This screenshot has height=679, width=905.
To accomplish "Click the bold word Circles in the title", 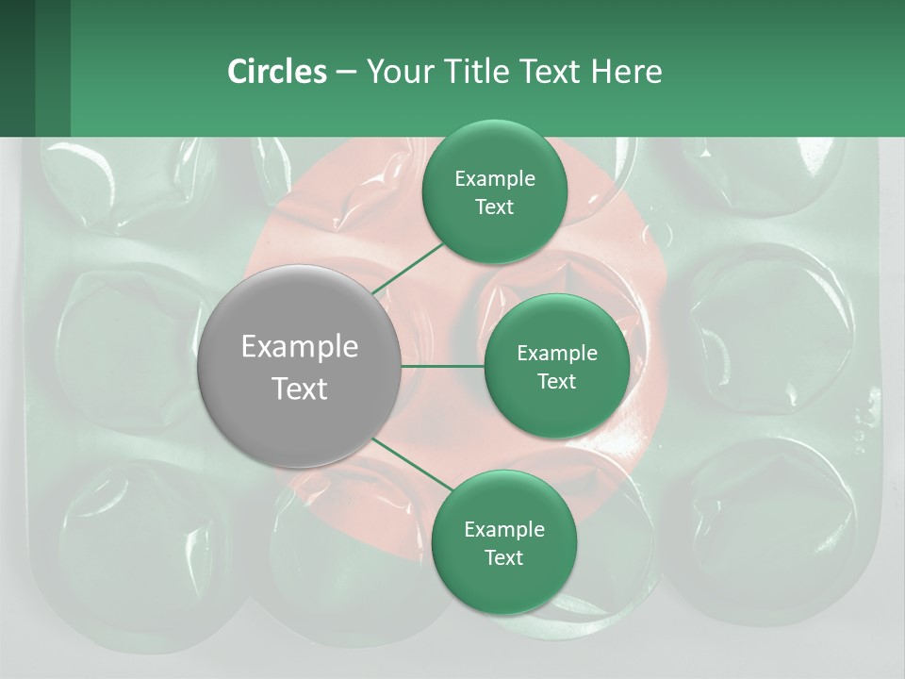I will (x=276, y=72).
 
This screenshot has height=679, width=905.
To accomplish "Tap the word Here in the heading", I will (x=626, y=72).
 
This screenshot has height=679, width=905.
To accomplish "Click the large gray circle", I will (x=300, y=366).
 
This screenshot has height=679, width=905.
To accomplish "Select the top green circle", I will (x=494, y=192).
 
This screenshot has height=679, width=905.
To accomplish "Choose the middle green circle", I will (x=557, y=366).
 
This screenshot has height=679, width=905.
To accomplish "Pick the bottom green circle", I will (x=503, y=542).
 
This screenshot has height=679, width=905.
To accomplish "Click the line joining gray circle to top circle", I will (x=408, y=269).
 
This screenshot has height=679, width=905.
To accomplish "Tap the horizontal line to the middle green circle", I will (x=443, y=366).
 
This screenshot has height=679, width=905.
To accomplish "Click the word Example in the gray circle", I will (x=300, y=347).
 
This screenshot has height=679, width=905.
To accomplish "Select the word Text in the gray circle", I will (x=300, y=389).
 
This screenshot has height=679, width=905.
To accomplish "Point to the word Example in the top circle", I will (x=494, y=179).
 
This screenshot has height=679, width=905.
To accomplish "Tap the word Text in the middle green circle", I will (x=557, y=381).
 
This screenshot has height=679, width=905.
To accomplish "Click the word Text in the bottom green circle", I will (x=503, y=557).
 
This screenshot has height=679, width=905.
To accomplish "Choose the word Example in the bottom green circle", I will (x=503, y=530).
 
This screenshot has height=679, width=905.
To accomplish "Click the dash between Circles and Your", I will (x=346, y=72).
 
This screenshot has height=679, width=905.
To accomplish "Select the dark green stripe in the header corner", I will (x=53, y=68).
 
